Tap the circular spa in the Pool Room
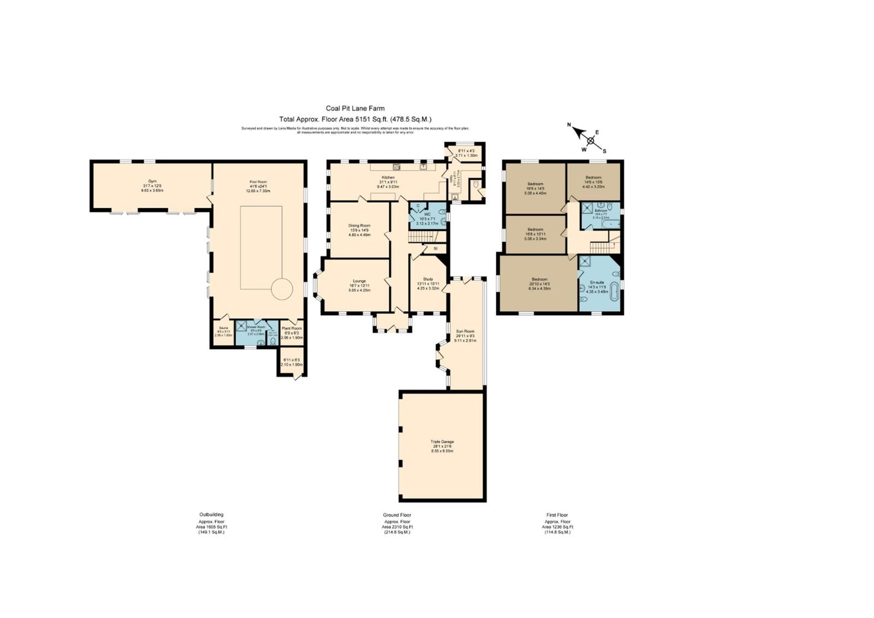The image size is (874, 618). pyautogui.click(x=282, y=289)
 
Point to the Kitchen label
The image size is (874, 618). pyautogui.click(x=388, y=178)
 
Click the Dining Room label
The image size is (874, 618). pyautogui.click(x=359, y=226)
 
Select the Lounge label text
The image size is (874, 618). pyautogui.click(x=359, y=281)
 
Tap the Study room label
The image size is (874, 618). pyautogui.click(x=428, y=279)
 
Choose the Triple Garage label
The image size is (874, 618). pyautogui.click(x=442, y=442)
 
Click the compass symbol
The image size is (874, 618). pyautogui.click(x=590, y=140)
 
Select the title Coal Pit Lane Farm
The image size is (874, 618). pyautogui.click(x=355, y=108)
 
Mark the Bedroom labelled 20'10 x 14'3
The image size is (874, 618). pyautogui.click(x=539, y=279)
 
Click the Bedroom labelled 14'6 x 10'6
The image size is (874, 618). pyautogui.click(x=593, y=178)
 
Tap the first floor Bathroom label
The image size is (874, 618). pyautogui.click(x=600, y=210)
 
